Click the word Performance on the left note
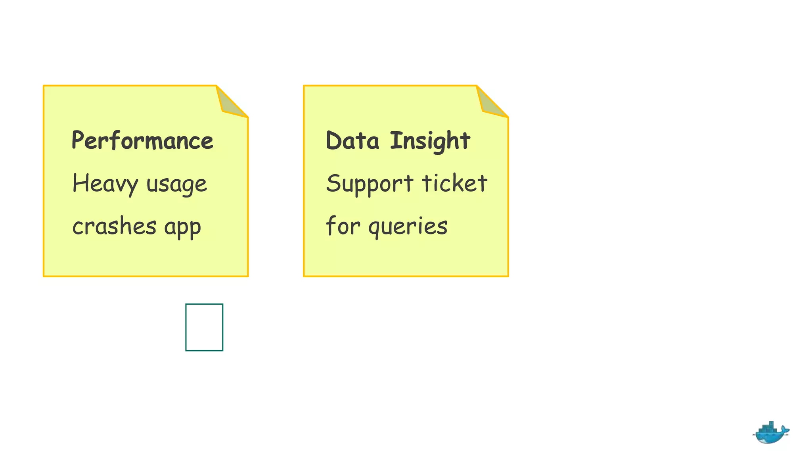tap(142, 141)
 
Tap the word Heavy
tap(105, 184)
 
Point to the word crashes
tap(114, 227)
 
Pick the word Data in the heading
tap(352, 141)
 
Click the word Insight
tap(430, 141)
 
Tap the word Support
tap(370, 184)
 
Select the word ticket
tap(454, 183)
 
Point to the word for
tap(343, 226)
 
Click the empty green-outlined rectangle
tap(204, 327)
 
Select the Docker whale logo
tap(770, 433)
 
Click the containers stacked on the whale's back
tap(768, 427)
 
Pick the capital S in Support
tap(333, 183)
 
